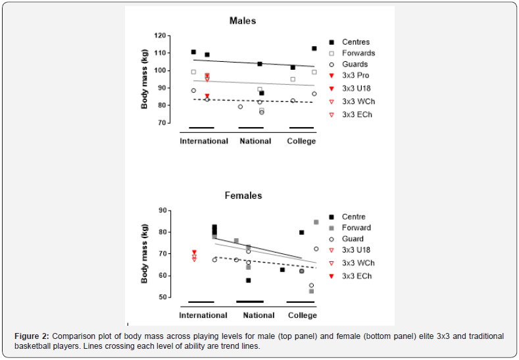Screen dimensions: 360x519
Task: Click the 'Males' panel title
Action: point(243,21)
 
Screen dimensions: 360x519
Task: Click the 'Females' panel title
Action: point(243,195)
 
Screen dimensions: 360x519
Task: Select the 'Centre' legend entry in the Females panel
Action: point(353,217)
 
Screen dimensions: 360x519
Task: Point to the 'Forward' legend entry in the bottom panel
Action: point(356,228)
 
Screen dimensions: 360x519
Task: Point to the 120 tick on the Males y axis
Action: point(159,35)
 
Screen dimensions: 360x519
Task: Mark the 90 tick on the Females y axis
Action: point(161,211)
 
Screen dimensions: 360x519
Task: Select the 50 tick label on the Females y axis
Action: point(161,297)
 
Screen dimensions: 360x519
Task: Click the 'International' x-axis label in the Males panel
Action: point(204,141)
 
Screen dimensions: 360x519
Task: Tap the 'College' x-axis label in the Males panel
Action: point(301,141)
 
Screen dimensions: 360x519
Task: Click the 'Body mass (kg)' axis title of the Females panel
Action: point(145,254)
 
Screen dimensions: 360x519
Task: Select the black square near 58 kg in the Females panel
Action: point(248,280)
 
